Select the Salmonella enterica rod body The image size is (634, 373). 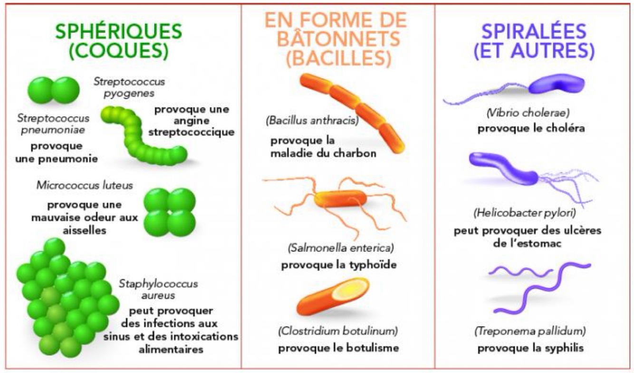[339, 200]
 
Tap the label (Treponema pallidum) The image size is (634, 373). [530, 331]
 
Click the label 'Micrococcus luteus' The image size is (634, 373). [85, 185]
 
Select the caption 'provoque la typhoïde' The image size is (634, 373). [338, 264]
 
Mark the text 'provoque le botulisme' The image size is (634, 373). [338, 348]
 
